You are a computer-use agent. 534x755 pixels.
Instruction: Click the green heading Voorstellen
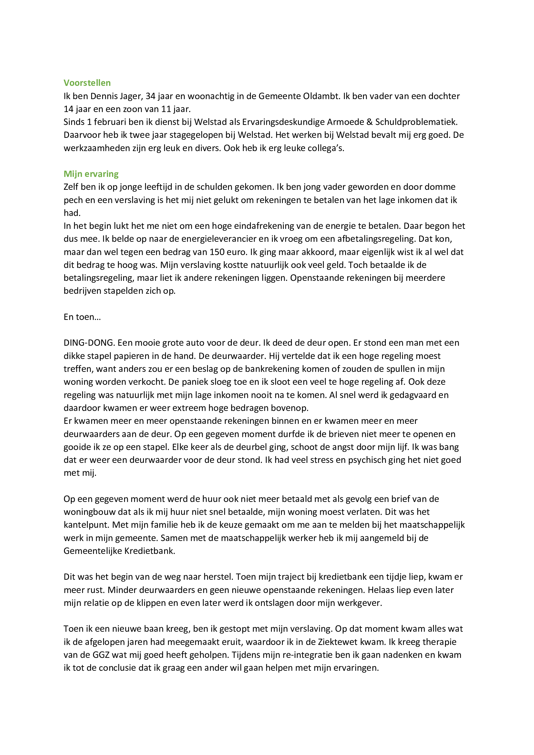pyautogui.click(x=87, y=83)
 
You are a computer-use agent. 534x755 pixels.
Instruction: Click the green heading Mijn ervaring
pyautogui.click(x=91, y=174)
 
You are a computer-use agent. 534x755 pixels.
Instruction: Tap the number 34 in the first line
pyautogui.click(x=150, y=96)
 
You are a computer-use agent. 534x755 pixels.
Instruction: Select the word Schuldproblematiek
pyautogui.click(x=416, y=122)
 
